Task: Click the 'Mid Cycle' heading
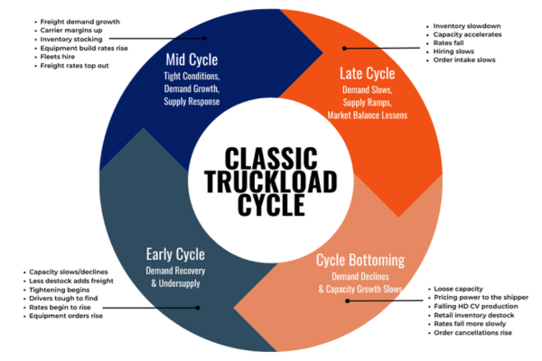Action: tap(192, 60)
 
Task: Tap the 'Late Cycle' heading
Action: tap(367, 74)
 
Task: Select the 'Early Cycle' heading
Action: tap(175, 255)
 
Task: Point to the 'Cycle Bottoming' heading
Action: tap(360, 261)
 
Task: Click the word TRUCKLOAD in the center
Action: tap(271, 181)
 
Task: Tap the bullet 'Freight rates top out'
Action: tap(74, 66)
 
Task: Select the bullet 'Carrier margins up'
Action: tap(71, 31)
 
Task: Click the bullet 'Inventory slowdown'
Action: tap(467, 26)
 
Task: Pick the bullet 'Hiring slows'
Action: tap(453, 51)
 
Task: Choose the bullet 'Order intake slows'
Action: tap(464, 60)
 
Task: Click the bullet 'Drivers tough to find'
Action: tap(63, 299)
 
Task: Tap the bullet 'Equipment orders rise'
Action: tap(66, 316)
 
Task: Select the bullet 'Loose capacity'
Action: tap(458, 289)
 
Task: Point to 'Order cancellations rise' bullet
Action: tap(472, 333)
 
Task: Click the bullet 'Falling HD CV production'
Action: tap(476, 307)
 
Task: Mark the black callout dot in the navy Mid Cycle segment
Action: tap(204, 38)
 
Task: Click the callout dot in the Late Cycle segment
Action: tap(344, 49)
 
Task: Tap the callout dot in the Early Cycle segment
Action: tap(198, 308)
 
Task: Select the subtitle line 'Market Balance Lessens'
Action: tap(367, 116)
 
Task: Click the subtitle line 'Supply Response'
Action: tap(192, 102)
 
